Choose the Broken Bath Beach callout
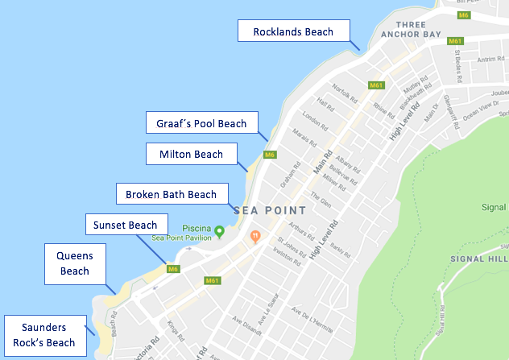[171, 194]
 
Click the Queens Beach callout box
[75, 263]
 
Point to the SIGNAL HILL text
[486, 259]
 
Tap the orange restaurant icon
[255, 237]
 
